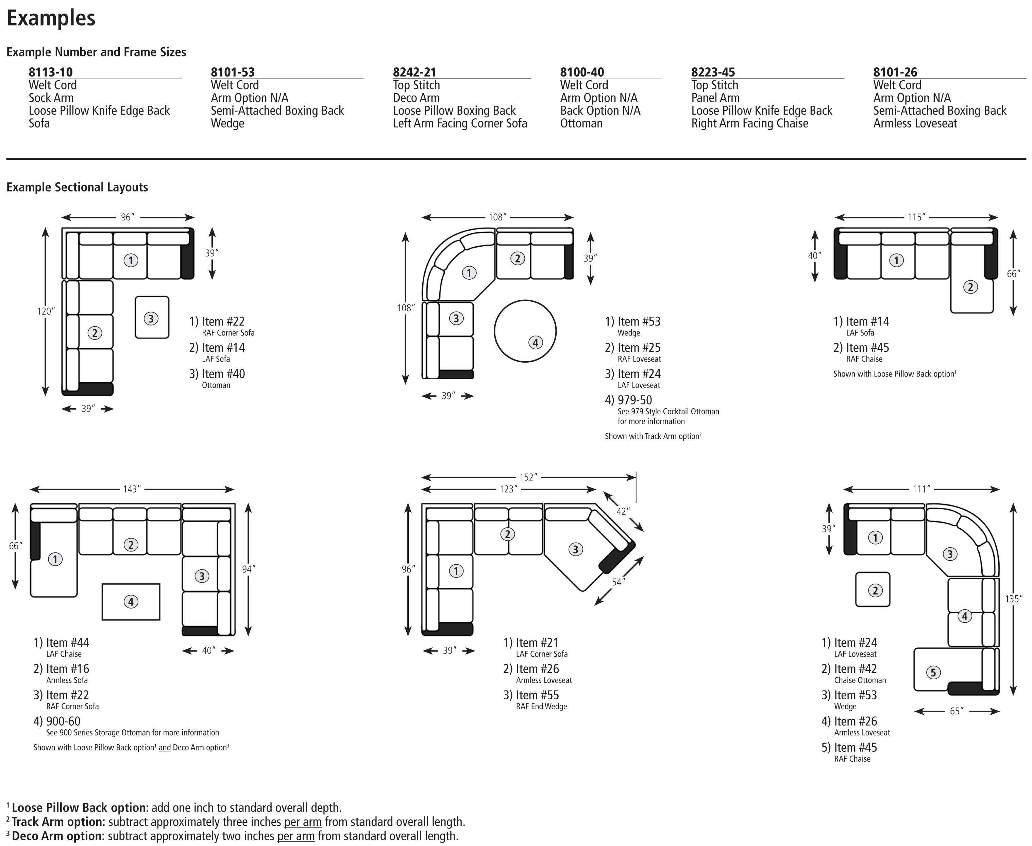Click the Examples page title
pyautogui.click(x=51, y=18)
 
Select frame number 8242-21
pyautogui.click(x=415, y=72)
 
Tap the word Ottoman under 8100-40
pyautogui.click(x=581, y=123)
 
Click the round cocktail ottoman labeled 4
pyautogui.click(x=525, y=331)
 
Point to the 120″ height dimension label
pyautogui.click(x=46, y=311)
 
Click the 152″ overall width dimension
pyautogui.click(x=528, y=477)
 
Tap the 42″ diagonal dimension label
pyautogui.click(x=622, y=511)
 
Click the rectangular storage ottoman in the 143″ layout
pyautogui.click(x=131, y=602)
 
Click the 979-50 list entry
pyautogui.click(x=634, y=400)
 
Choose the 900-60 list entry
pyautogui.click(x=63, y=721)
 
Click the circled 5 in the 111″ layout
pyautogui.click(x=933, y=673)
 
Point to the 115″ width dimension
pyautogui.click(x=916, y=217)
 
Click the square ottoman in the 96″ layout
pyautogui.click(x=152, y=318)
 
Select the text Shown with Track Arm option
pyautogui.click(x=653, y=436)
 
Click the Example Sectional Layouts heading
pyautogui.click(x=77, y=187)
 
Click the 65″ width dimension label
pyautogui.click(x=956, y=711)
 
